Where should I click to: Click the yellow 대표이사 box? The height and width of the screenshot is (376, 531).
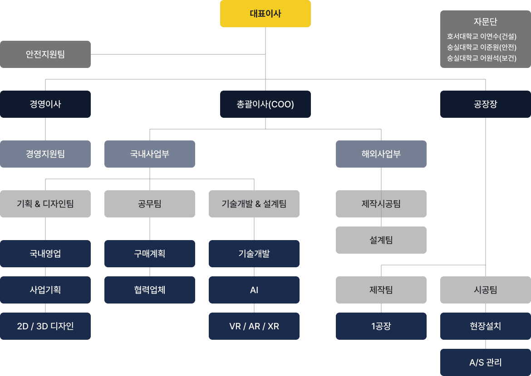pyautogui.click(x=265, y=14)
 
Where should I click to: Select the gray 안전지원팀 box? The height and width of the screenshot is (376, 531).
pyautogui.click(x=45, y=54)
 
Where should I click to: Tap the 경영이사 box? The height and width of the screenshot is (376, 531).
pyautogui.click(x=45, y=104)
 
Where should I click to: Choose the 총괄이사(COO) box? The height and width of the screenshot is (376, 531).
pyautogui.click(x=265, y=104)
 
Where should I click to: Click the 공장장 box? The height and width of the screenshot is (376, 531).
pyautogui.click(x=486, y=104)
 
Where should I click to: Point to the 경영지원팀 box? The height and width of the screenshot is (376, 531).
pyautogui.click(x=45, y=154)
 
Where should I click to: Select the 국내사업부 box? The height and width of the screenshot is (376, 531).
pyautogui.click(x=150, y=154)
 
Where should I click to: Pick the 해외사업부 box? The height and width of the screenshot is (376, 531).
pyautogui.click(x=381, y=154)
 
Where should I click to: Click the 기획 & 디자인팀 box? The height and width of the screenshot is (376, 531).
pyautogui.click(x=45, y=204)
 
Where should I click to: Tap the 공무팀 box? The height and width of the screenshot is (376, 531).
pyautogui.click(x=150, y=204)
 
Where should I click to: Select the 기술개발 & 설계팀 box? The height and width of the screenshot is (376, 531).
pyautogui.click(x=254, y=204)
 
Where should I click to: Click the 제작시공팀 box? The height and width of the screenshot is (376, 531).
pyautogui.click(x=381, y=204)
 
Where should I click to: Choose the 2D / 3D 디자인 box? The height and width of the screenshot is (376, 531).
pyautogui.click(x=45, y=326)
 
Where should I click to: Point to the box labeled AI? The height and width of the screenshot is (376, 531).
pyautogui.click(x=254, y=290)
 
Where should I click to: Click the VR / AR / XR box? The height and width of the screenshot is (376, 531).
pyautogui.click(x=254, y=326)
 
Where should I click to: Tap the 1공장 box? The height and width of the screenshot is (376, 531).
pyautogui.click(x=381, y=326)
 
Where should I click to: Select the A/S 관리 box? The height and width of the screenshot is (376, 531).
pyautogui.click(x=486, y=362)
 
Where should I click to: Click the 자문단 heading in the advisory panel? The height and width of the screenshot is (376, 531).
pyautogui.click(x=485, y=22)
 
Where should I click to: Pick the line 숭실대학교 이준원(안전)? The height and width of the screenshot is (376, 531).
pyautogui.click(x=482, y=47)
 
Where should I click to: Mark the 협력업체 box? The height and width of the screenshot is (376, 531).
pyautogui.click(x=150, y=290)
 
